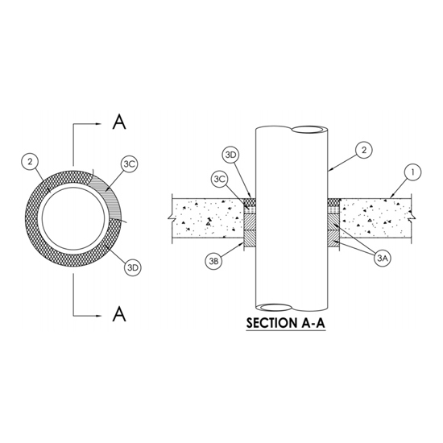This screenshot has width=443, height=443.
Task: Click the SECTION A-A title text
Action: click(x=286, y=323)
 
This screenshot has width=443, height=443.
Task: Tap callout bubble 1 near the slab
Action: click(x=412, y=172)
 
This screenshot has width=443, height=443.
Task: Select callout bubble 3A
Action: click(x=382, y=259)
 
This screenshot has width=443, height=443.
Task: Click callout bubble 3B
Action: click(x=213, y=261)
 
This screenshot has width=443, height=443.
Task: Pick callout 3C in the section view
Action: click(x=219, y=179)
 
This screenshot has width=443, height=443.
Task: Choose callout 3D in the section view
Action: click(x=231, y=155)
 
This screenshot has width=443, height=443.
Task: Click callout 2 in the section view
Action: click(x=364, y=150)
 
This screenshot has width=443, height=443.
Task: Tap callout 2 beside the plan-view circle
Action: click(x=30, y=162)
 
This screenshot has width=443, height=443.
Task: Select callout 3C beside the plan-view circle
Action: click(x=130, y=164)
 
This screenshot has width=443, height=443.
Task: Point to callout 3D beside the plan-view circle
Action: click(x=133, y=267)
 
